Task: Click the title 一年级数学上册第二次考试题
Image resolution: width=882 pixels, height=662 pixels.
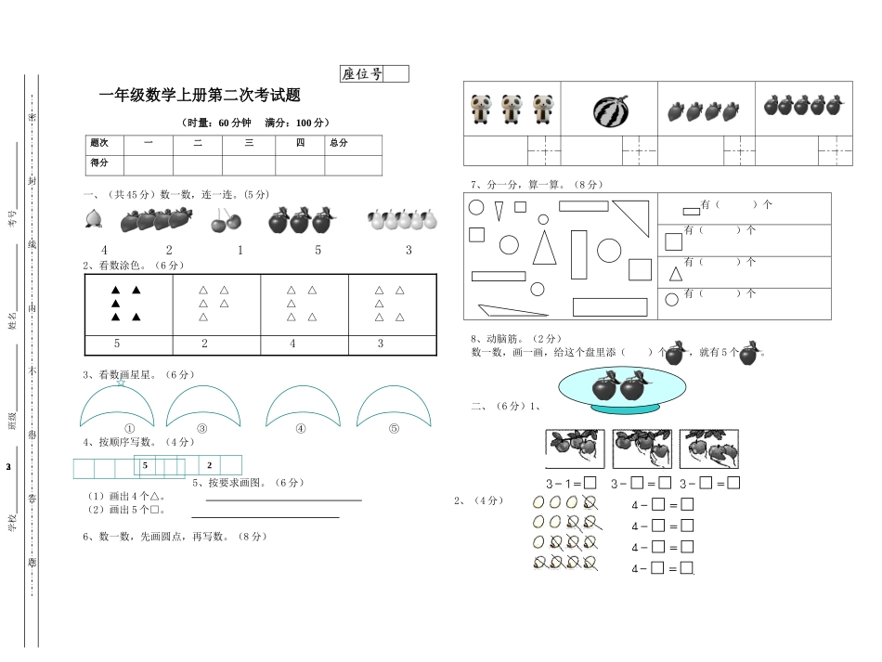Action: point(200,95)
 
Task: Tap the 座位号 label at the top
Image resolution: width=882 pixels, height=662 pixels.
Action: point(362,74)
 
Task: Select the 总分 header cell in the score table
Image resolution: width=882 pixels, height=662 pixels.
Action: point(338,143)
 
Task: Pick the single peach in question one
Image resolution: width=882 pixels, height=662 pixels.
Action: point(93,219)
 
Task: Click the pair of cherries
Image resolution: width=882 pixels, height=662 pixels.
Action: point(226,220)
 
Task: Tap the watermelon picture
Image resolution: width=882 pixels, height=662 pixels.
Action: point(611,111)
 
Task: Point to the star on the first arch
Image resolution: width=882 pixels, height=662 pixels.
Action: point(120,383)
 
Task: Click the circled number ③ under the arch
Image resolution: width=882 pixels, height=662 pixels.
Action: point(201,429)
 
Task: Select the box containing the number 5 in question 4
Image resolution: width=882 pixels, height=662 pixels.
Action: point(146,465)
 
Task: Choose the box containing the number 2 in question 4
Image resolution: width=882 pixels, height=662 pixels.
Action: point(210,465)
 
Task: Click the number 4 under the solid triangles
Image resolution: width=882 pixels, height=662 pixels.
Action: point(292,344)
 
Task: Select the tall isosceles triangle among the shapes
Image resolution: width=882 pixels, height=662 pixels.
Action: point(545,250)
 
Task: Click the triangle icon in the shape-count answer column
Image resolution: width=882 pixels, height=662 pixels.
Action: point(674,274)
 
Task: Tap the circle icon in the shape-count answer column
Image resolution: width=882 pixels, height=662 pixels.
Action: point(673,299)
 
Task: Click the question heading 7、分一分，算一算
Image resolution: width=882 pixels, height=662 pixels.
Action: point(524,184)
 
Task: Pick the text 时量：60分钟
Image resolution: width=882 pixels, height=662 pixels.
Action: point(219,123)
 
